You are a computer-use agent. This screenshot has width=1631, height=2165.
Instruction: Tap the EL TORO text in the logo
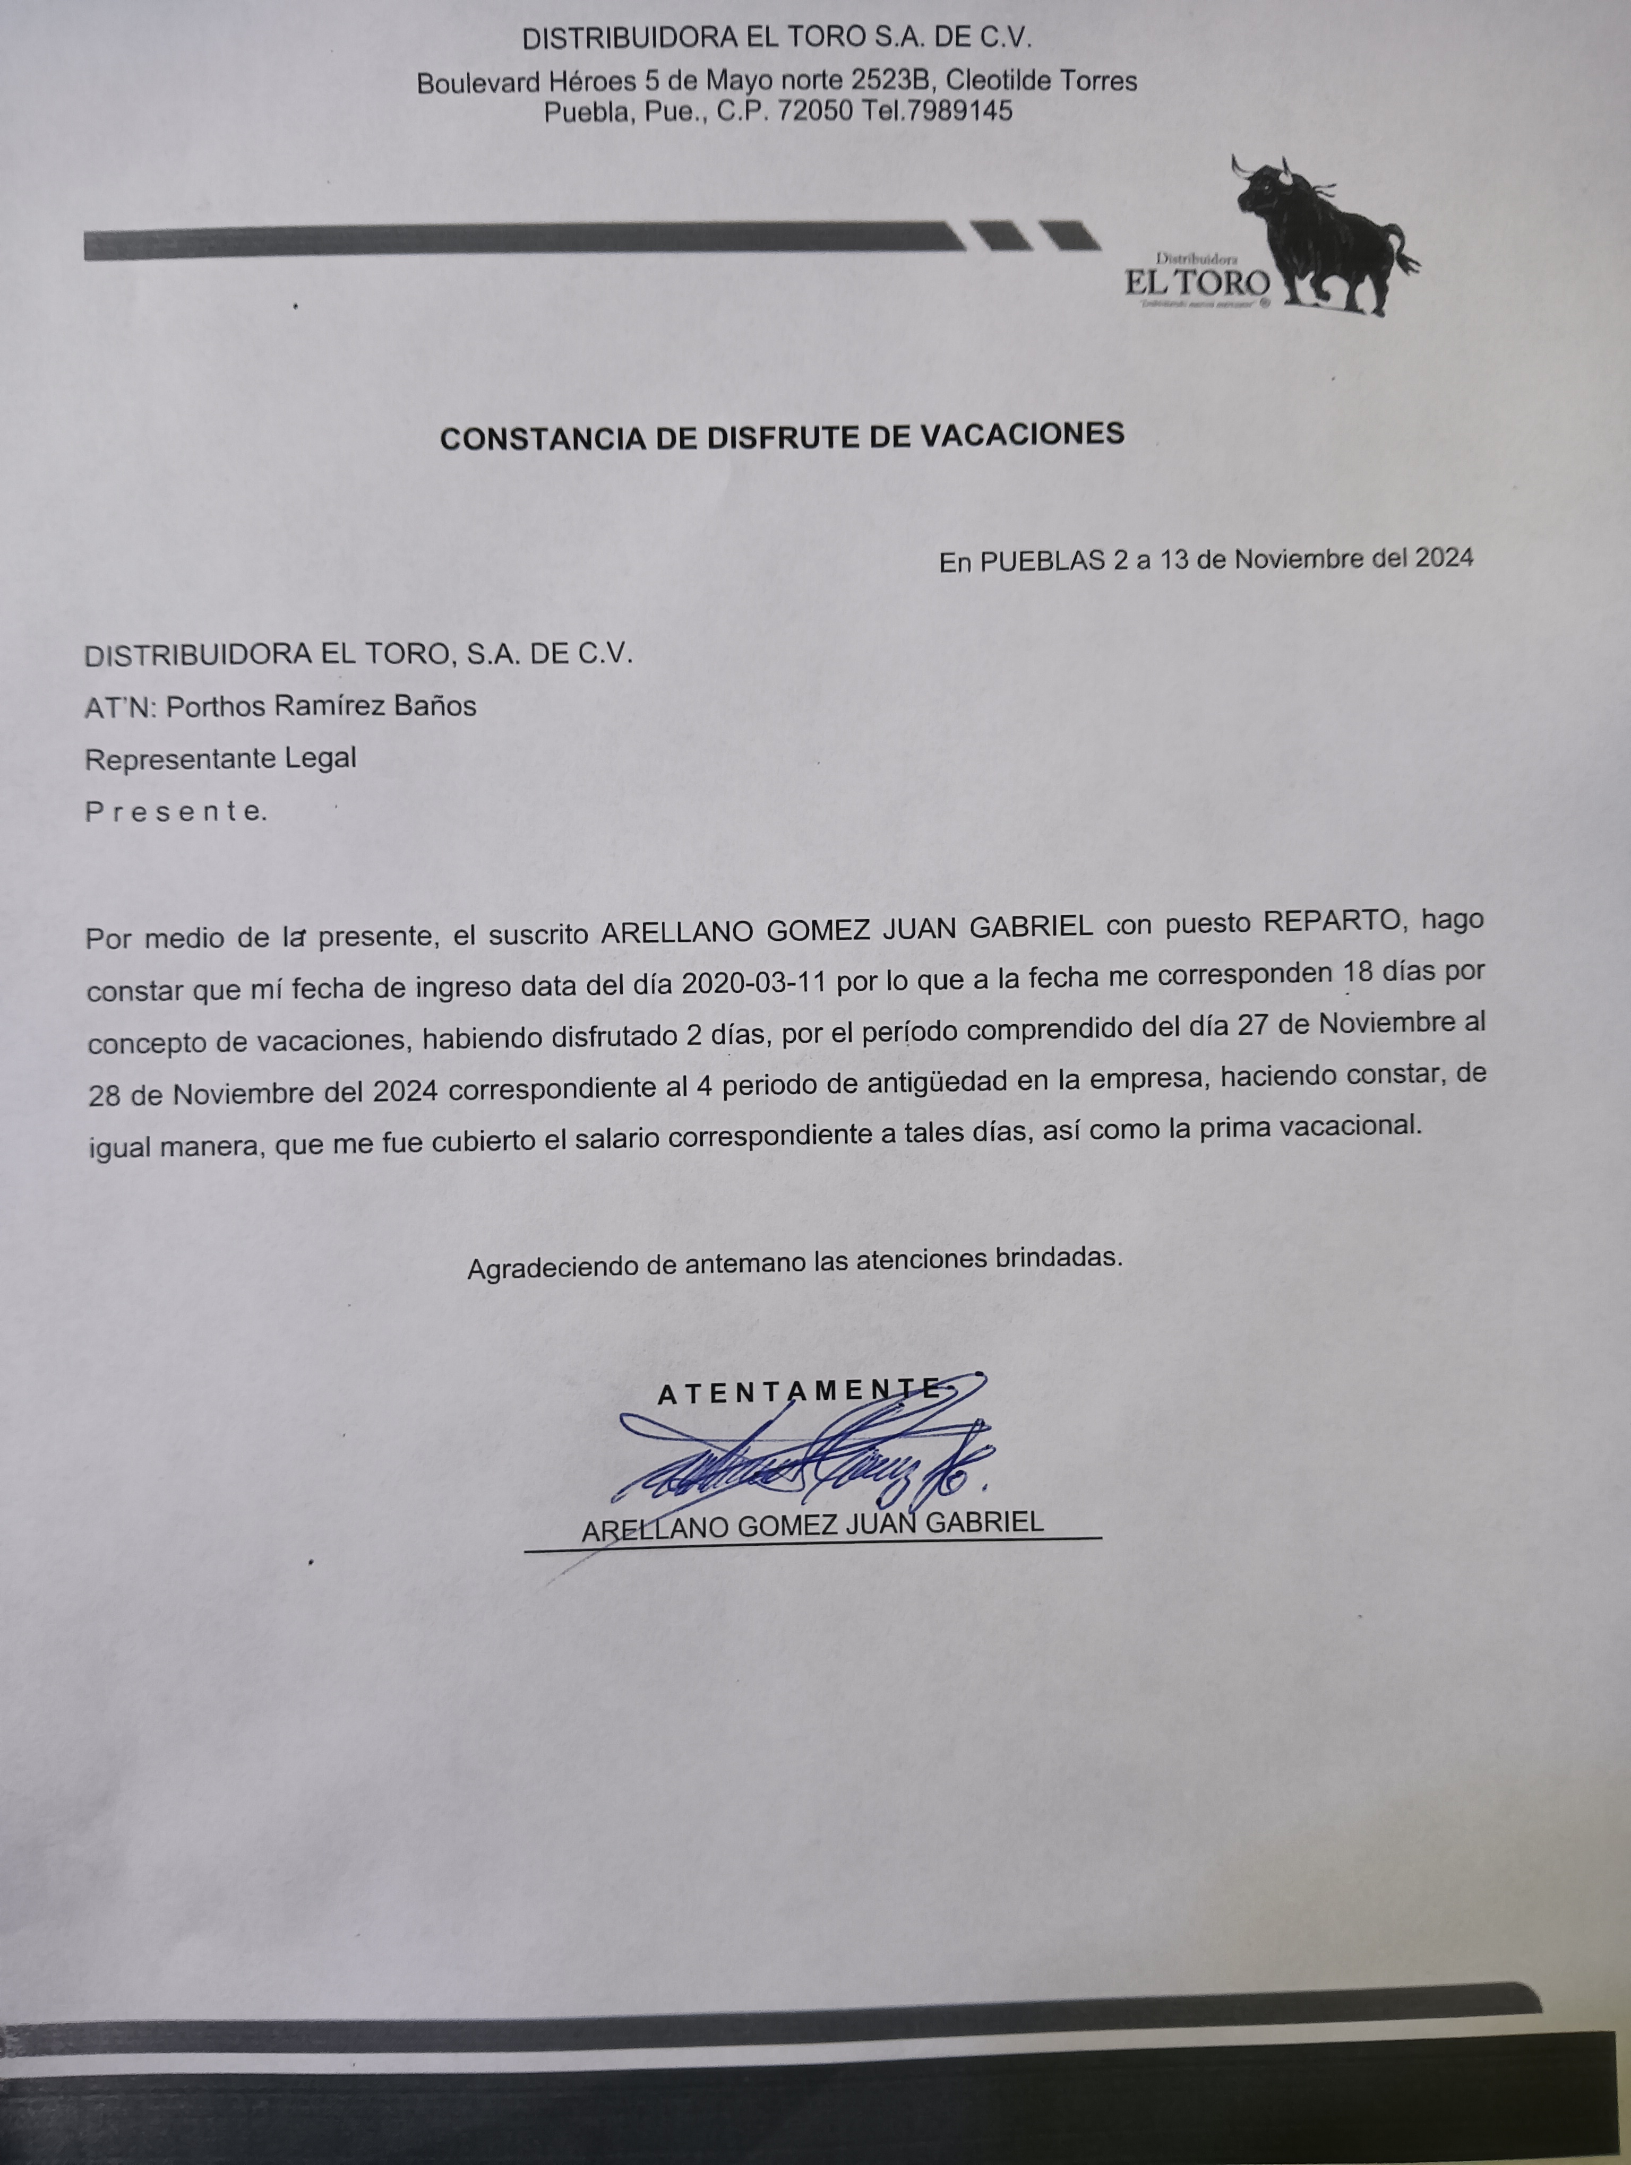pos(1196,284)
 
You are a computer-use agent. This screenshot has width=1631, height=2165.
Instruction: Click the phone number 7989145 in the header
pos(959,111)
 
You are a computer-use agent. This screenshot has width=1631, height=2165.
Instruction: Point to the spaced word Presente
pos(174,811)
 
